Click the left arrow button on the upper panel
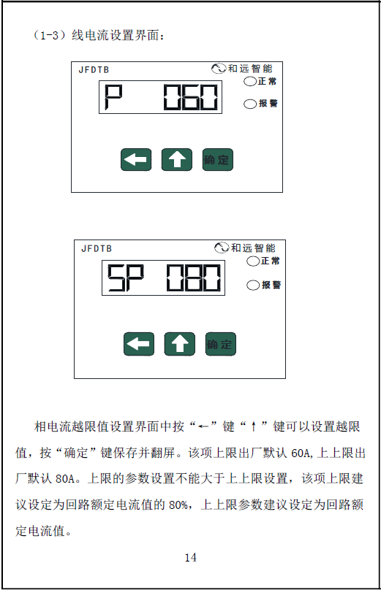coord(136,159)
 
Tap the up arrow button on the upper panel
coord(177,159)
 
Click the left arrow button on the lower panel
coord(139,344)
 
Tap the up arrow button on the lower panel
coord(180,344)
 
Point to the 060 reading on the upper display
coord(191,97)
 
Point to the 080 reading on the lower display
coord(194,278)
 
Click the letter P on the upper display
coord(113,97)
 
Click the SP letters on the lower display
coord(126,278)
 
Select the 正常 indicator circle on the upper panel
coord(250,81)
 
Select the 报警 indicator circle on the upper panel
coord(250,104)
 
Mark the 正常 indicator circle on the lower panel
coord(253,261)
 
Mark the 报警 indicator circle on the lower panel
coord(253,286)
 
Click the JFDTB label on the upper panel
coord(94,70)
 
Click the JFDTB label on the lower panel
coord(97,249)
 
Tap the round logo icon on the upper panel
coord(219,69)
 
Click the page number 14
coord(191,558)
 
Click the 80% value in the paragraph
coord(178,505)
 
